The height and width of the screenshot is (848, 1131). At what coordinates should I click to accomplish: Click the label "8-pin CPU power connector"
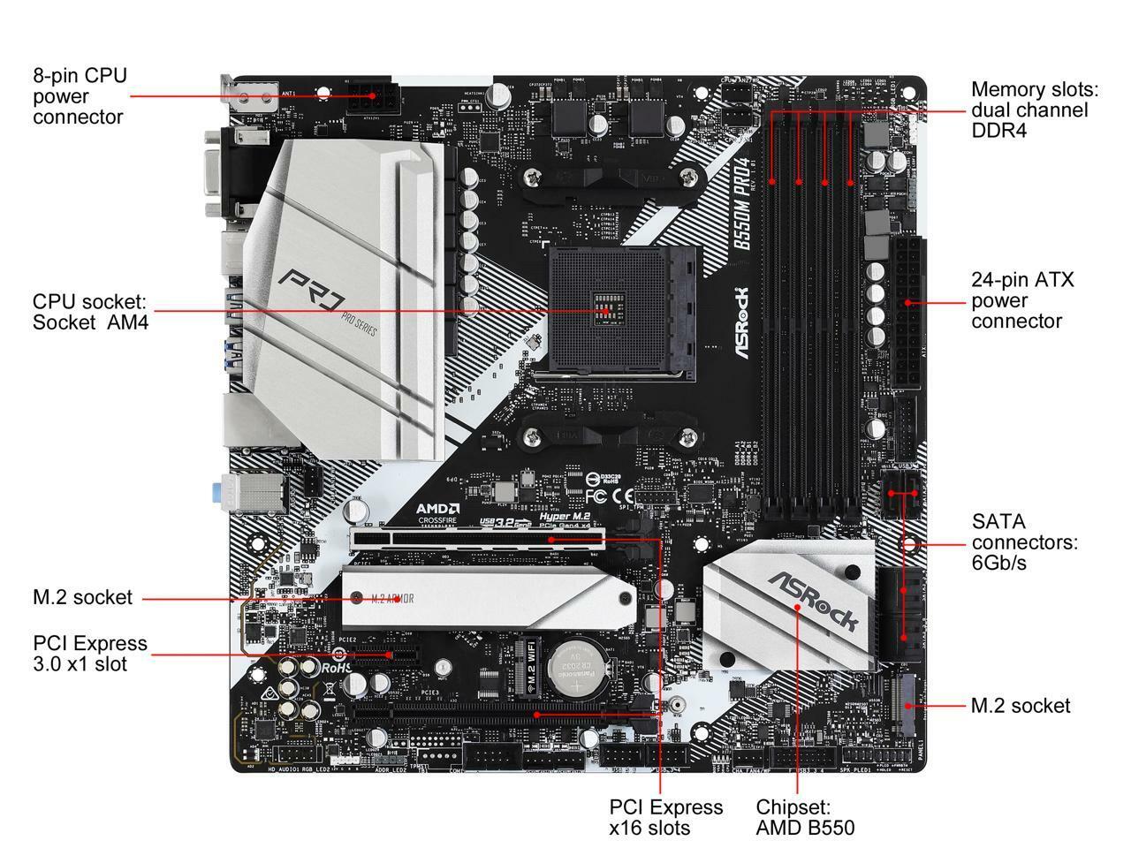point(80,96)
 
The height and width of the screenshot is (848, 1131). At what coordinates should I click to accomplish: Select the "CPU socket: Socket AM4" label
point(90,312)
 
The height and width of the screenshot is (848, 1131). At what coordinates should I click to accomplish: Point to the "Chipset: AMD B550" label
point(805,817)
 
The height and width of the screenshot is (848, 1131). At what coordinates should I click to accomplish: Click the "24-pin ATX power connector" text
point(1022,301)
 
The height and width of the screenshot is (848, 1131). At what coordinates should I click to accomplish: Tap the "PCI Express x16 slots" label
point(665,817)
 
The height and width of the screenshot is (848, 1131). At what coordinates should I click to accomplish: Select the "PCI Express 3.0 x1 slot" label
point(90,654)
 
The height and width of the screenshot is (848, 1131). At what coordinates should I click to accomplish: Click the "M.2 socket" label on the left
point(82,598)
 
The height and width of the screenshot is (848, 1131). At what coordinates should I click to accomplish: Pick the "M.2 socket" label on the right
point(1020,706)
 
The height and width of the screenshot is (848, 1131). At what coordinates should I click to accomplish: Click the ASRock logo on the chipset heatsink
point(812,602)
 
